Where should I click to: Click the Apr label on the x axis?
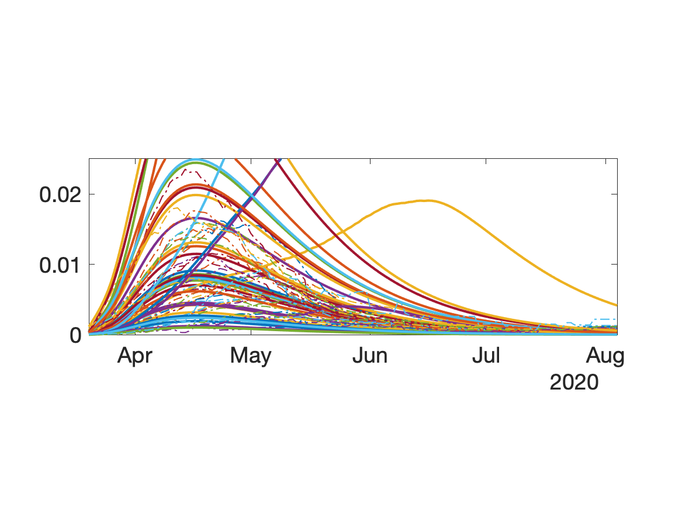click(134, 356)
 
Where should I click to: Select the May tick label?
click(251, 356)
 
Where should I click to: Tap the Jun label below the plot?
click(370, 356)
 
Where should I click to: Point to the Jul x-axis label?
click(486, 356)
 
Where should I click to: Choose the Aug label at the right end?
click(605, 356)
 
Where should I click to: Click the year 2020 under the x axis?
click(574, 383)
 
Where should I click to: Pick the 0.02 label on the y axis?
click(60, 194)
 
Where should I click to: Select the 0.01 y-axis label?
click(60, 265)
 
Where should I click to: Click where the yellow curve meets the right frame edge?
click(617, 305)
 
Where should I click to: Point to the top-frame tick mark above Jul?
click(486, 160)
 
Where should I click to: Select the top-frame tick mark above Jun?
click(370, 160)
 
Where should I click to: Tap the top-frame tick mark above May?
click(251, 160)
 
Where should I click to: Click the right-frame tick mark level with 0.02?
click(615, 194)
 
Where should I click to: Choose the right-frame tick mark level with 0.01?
click(615, 264)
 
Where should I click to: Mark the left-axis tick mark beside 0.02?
click(91, 194)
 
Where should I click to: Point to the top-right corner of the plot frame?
click(617, 158)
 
